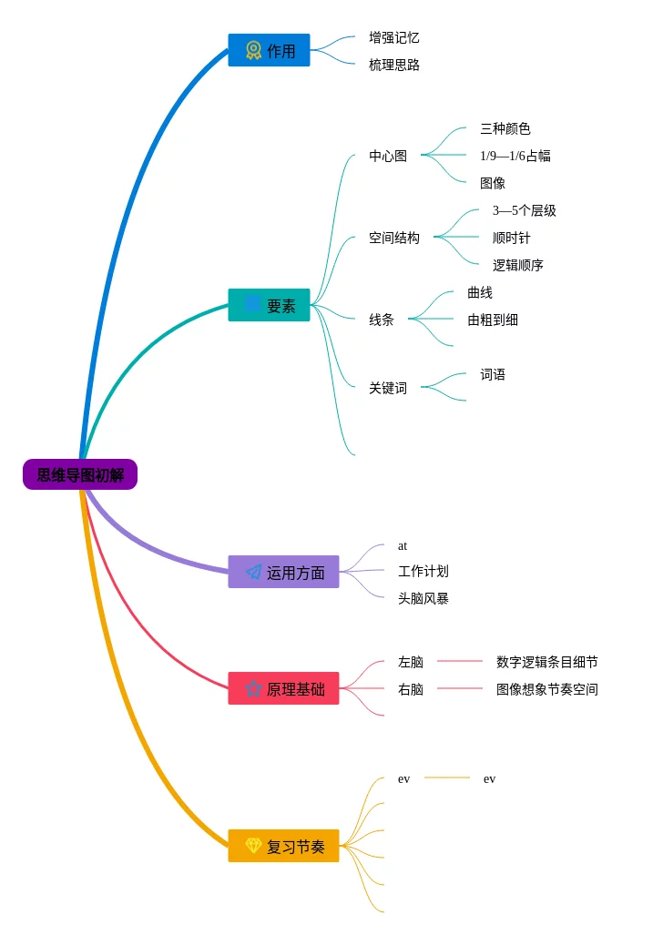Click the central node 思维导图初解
80,474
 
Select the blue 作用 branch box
269,50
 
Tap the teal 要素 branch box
269,305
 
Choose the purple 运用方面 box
283,572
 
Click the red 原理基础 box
283,688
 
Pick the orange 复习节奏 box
283,846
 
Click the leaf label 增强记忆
394,37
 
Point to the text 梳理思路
394,65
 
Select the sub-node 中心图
388,156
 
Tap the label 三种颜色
505,128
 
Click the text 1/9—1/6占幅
515,156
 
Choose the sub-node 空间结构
394,238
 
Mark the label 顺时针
512,238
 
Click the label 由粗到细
493,320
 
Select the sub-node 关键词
388,388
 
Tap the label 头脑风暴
423,598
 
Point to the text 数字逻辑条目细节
547,662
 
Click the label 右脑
411,689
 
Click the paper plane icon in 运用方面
254,572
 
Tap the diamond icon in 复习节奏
254,846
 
